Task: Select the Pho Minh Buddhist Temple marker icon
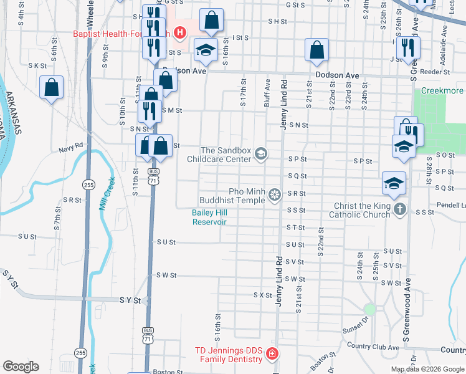click(x=273, y=196)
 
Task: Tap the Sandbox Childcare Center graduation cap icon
click(x=261, y=154)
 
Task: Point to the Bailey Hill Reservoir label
click(x=209, y=217)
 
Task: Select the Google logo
click(x=21, y=367)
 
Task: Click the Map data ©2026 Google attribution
click(x=427, y=369)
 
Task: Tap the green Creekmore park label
click(x=442, y=91)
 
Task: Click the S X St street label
click(x=262, y=294)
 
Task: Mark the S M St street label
click(x=171, y=110)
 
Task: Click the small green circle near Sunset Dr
click(x=370, y=309)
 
